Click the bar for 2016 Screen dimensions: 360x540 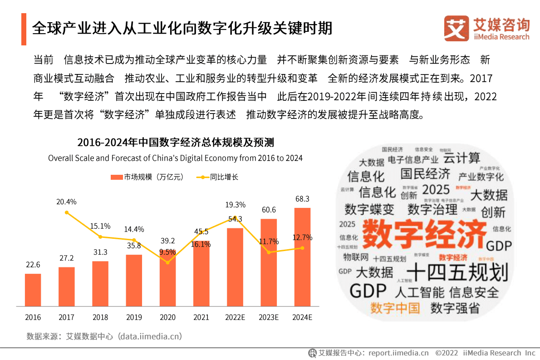33,290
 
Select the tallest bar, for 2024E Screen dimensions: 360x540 302,257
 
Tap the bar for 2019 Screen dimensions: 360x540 134,280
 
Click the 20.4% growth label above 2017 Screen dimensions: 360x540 66,202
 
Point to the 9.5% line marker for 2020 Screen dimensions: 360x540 167,262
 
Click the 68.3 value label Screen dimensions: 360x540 302,199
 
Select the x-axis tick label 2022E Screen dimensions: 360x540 235,317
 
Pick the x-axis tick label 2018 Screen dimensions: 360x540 100,317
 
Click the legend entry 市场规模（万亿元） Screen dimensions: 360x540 147,177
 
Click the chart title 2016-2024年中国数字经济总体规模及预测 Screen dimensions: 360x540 175,143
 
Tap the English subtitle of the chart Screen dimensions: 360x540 175,158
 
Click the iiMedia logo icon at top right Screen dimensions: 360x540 456,28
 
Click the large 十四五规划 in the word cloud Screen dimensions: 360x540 457,272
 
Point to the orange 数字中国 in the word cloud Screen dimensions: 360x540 395,308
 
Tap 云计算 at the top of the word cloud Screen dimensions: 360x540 461,158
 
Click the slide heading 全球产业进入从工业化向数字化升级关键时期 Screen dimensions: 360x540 182,28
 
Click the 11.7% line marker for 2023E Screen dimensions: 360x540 269,252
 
